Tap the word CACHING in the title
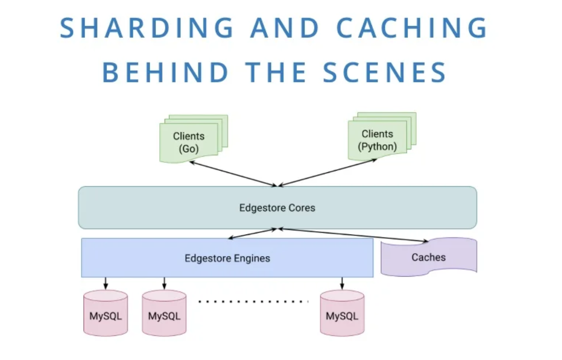pos(412,28)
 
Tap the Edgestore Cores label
pos(277,208)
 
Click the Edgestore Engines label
pos(227,258)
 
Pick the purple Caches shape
pos(428,257)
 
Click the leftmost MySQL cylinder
pos(106,315)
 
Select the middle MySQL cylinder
pos(164,315)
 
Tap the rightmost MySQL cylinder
pos(342,315)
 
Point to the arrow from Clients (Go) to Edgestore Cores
pos(232,173)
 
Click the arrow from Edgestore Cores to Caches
pos(353,235)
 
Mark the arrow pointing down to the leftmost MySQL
pos(106,283)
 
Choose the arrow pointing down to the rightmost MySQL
pos(342,283)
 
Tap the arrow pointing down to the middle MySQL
pos(164,283)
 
